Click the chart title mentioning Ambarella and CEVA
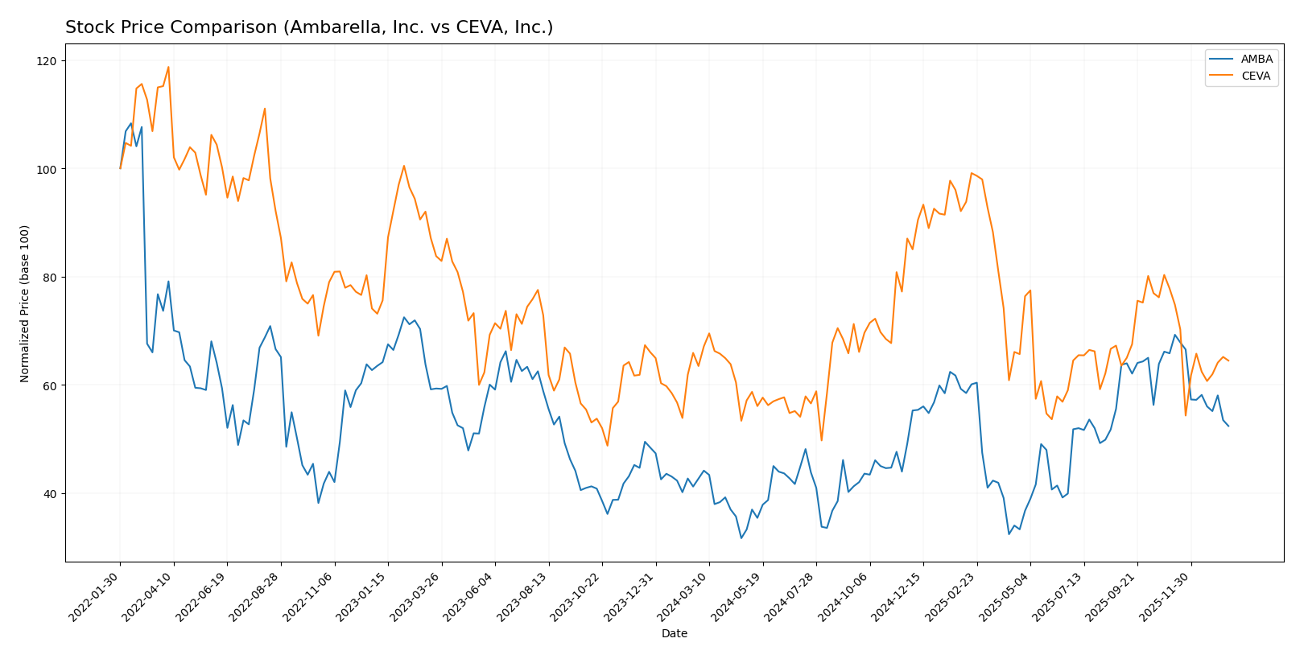click(309, 28)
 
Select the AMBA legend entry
click(1257, 59)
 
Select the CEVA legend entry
click(1256, 76)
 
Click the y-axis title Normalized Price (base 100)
click(25, 303)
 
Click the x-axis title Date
click(674, 633)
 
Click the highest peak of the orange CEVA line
click(168, 67)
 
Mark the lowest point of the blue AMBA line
click(741, 537)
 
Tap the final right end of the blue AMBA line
click(1228, 426)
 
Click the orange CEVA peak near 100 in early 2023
click(404, 166)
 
